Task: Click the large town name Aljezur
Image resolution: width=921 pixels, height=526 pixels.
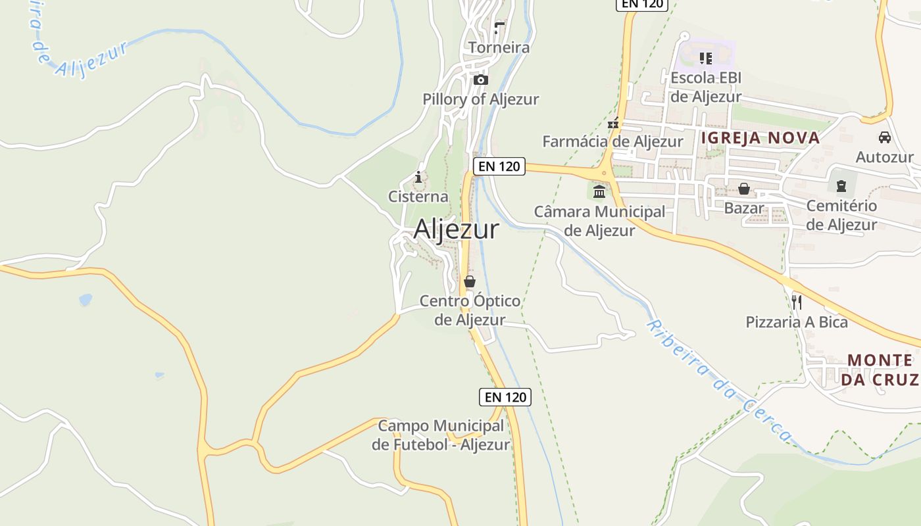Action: [456, 229]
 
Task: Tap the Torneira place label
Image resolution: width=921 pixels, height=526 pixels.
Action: [499, 47]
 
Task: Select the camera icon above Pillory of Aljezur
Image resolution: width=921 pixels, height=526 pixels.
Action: [481, 80]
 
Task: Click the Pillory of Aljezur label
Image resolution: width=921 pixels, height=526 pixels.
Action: [480, 99]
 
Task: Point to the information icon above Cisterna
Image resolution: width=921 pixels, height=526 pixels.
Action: [418, 177]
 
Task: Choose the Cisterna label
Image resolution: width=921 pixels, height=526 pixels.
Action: [418, 196]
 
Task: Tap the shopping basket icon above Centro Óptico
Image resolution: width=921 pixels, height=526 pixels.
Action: [469, 281]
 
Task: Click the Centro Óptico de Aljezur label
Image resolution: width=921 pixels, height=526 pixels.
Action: [470, 310]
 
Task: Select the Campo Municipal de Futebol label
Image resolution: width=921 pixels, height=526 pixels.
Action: [441, 435]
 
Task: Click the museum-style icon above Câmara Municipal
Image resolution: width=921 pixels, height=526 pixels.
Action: [599, 192]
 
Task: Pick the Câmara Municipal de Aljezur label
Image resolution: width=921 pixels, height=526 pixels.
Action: [599, 221]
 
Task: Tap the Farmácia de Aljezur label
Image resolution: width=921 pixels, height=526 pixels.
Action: [612, 141]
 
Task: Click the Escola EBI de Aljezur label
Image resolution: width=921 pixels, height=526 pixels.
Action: [706, 87]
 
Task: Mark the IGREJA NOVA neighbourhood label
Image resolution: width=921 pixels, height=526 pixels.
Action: [760, 137]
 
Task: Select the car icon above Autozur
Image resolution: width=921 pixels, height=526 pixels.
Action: [885, 137]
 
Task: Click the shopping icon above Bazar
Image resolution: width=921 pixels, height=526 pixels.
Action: [744, 189]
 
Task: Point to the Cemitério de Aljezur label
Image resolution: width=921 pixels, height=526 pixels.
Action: [841, 215]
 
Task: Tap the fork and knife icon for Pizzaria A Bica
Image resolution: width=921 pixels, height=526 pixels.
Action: [796, 302]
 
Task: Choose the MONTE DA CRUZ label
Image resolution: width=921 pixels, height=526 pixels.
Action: [879, 370]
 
